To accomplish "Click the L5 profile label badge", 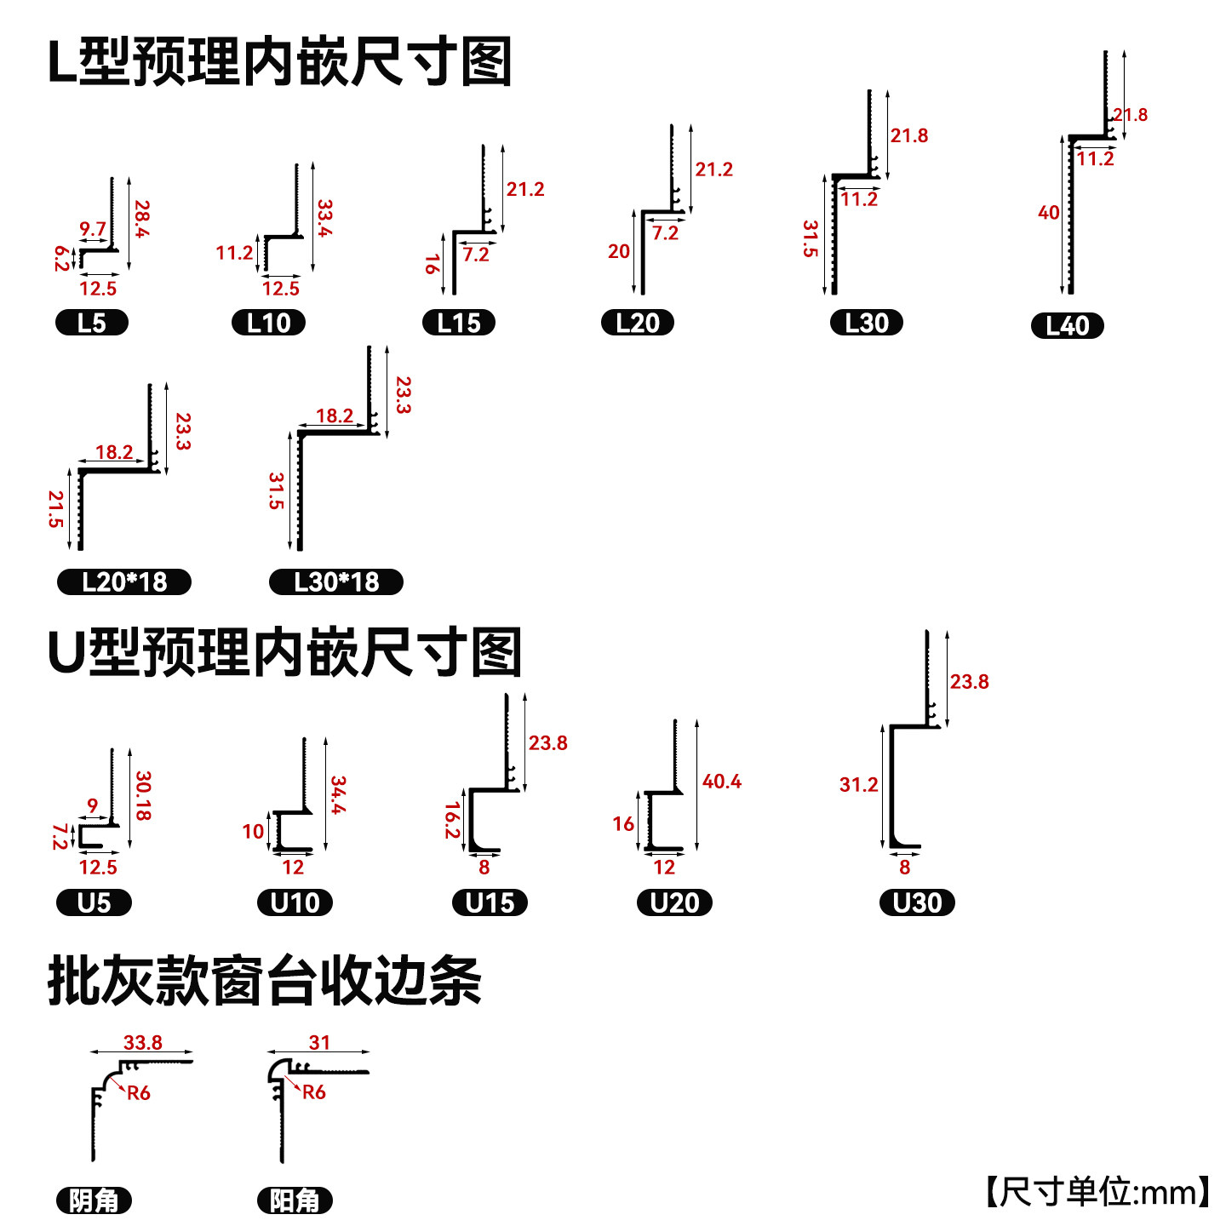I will (91, 323).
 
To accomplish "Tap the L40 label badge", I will (1067, 326).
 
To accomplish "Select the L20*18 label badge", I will (124, 582).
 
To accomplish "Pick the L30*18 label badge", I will (335, 582).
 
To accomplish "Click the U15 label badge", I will (490, 902).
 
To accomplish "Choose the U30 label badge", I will (917, 902).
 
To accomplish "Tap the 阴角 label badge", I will (94, 1200).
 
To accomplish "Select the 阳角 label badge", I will (295, 1200).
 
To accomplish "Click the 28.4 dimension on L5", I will (142, 219).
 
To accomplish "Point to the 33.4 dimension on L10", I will (324, 218).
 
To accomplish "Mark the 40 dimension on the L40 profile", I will (1048, 213).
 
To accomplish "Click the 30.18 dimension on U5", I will (143, 796).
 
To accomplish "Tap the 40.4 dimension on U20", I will (721, 782).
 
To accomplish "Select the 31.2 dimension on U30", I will (858, 785).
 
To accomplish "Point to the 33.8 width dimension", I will (142, 1043).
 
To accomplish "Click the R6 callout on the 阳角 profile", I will (313, 1092).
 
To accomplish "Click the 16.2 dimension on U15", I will (452, 820).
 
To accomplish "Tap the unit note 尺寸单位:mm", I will (1097, 1192).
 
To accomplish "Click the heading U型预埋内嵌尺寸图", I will (284, 653).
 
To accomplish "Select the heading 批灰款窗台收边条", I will (265, 981).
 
